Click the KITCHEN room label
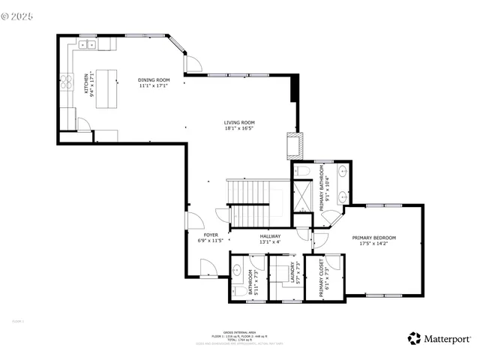click(x=88, y=85)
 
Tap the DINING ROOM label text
click(x=153, y=82)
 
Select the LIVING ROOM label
click(x=239, y=125)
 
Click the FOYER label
click(x=211, y=238)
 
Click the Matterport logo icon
click(x=414, y=338)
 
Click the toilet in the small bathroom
click(x=238, y=290)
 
